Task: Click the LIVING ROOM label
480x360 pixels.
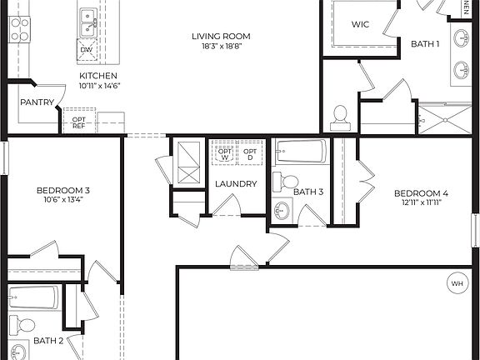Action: (221, 36)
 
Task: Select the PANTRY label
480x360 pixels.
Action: (37, 102)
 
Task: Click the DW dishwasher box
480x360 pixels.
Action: (87, 50)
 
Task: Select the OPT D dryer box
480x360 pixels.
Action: (249, 152)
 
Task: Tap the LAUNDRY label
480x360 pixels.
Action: (236, 184)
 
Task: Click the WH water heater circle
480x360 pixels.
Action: (457, 283)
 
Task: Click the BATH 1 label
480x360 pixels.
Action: (425, 44)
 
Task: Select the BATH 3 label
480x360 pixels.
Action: (307, 192)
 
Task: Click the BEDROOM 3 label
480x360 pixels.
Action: (63, 190)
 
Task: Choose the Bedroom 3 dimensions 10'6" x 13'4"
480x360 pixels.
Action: (63, 200)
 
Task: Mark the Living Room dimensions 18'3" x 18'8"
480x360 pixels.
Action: (221, 47)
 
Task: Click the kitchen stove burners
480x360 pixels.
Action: (19, 30)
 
